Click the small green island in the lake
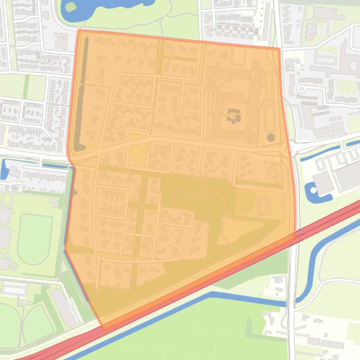click(71, 7)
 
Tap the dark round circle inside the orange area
click(271, 137)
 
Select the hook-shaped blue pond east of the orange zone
click(311, 192)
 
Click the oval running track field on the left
click(34, 238)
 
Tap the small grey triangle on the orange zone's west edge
click(74, 192)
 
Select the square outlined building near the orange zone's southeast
click(263, 205)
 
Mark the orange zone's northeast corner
click(279, 48)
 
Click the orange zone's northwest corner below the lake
click(80, 31)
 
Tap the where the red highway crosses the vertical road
click(292, 236)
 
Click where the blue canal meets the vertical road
click(292, 304)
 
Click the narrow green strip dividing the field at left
click(27, 87)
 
